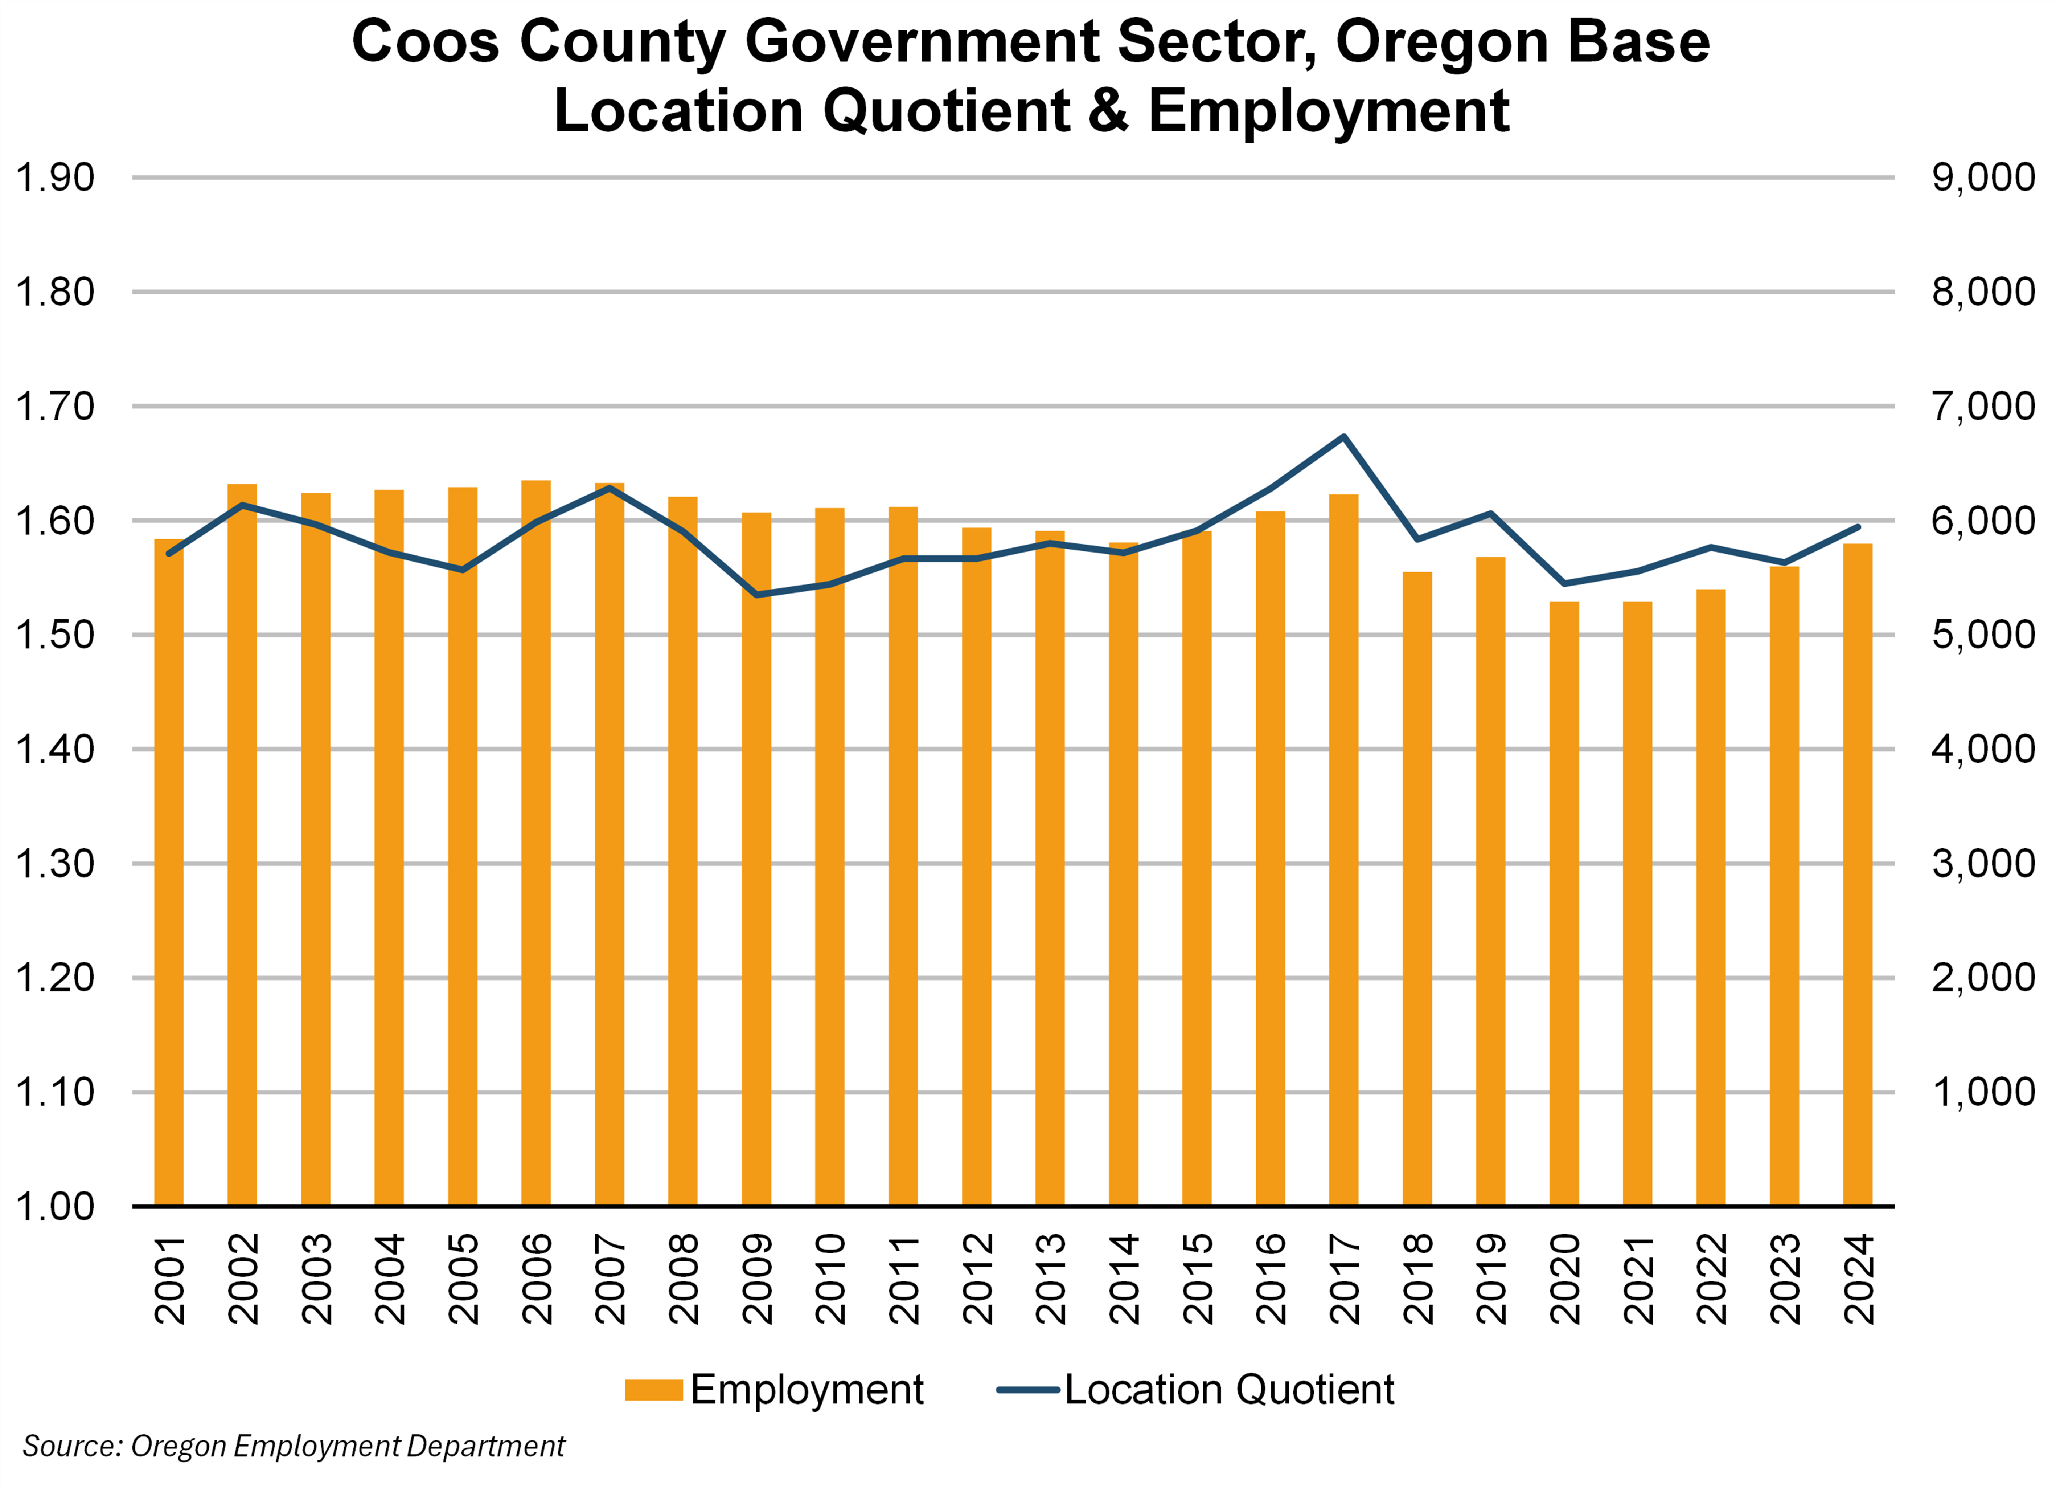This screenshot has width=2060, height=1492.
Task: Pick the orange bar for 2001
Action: tap(169, 872)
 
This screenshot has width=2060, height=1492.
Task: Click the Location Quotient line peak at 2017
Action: tap(1343, 437)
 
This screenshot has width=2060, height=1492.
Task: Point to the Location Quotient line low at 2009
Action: tap(756, 594)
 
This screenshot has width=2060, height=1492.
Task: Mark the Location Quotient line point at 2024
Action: tap(1858, 527)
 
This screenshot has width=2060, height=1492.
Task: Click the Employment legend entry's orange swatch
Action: tap(653, 1390)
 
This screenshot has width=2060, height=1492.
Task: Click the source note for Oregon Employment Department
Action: tap(294, 1446)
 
